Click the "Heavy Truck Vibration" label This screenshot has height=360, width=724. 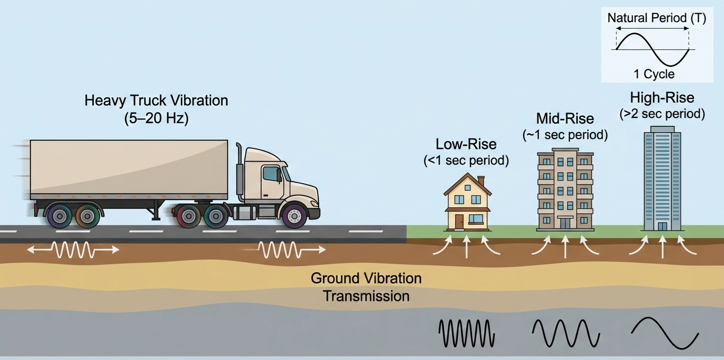tap(156, 100)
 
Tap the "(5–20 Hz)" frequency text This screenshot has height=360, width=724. tap(156, 118)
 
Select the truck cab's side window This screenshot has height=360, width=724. tap(271, 174)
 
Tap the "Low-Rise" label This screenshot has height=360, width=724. tap(466, 144)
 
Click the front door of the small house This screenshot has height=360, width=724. tap(459, 221)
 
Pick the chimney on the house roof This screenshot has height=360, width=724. tap(481, 182)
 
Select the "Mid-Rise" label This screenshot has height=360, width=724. tap(565, 118)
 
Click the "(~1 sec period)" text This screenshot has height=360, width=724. tap(565, 135)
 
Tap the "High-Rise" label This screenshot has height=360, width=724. tap(662, 97)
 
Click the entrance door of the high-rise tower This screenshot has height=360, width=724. tap(662, 226)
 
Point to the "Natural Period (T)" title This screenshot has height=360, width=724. tap(657, 18)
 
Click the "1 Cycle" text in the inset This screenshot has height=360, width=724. tap(654, 74)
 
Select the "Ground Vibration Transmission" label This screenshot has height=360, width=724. tap(366, 287)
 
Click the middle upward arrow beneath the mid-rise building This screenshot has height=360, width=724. tap(565, 246)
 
